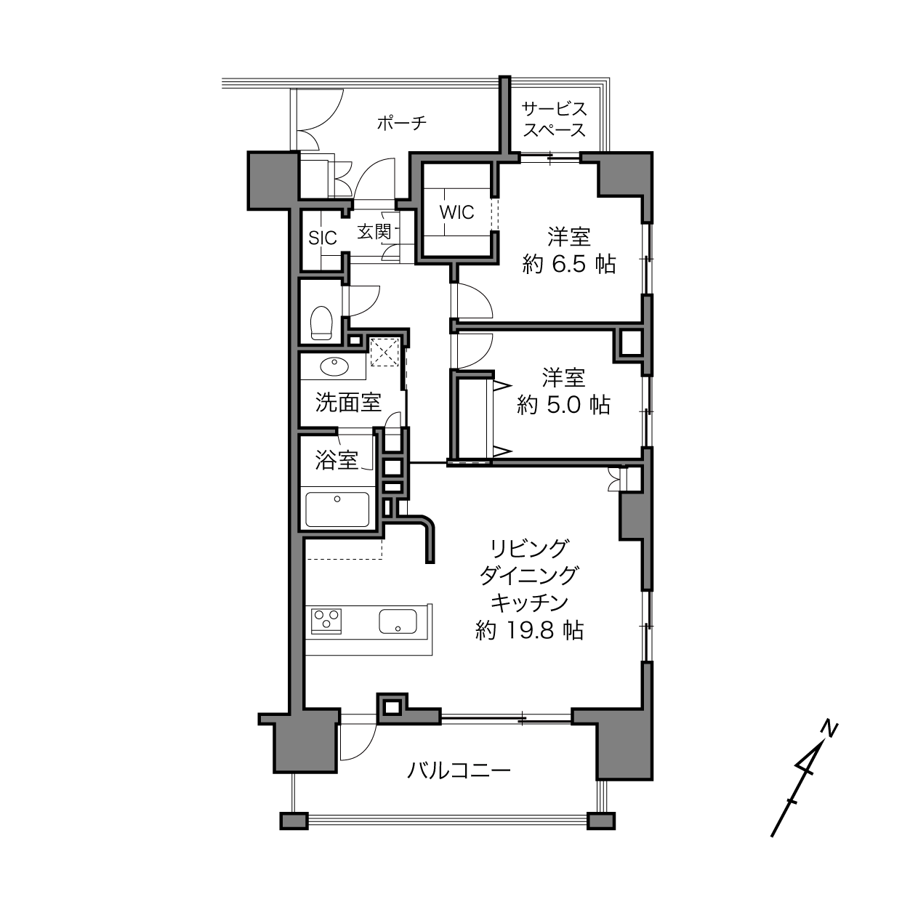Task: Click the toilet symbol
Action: click(x=321, y=323)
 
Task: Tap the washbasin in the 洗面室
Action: click(x=334, y=366)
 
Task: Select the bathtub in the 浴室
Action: click(x=337, y=510)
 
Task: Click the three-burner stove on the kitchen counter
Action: click(x=326, y=619)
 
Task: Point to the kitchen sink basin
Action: click(x=398, y=621)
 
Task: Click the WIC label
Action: click(x=456, y=212)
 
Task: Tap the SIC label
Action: click(x=323, y=238)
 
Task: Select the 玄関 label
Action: click(x=374, y=231)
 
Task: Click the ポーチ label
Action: click(x=402, y=124)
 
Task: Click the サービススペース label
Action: click(x=555, y=119)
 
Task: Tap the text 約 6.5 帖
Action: click(x=569, y=265)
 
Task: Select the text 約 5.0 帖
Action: click(x=564, y=405)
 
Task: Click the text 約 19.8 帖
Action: click(x=529, y=630)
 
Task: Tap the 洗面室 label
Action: click(x=348, y=403)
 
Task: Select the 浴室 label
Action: click(x=337, y=460)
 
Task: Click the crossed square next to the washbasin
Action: click(x=384, y=352)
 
